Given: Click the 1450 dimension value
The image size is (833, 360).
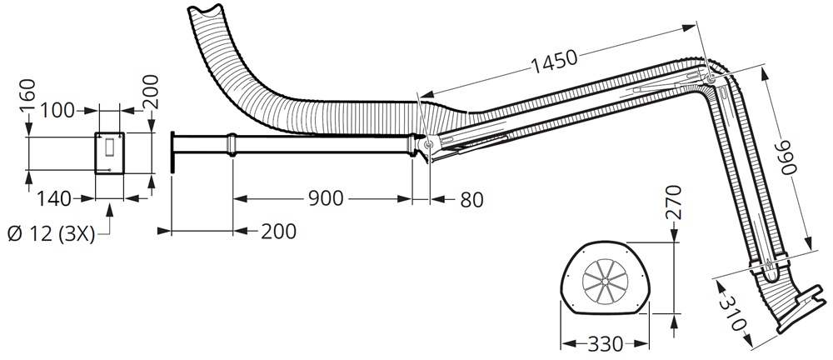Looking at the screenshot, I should pos(552,59).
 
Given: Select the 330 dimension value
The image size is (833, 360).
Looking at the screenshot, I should pos(606,343).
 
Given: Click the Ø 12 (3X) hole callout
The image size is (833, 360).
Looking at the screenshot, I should pos(49,234).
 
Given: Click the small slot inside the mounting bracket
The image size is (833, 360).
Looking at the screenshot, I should pos(109,147).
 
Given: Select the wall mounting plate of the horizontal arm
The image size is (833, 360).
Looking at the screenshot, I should pos(171,152).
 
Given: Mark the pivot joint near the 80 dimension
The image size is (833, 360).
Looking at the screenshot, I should pos(428,145).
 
